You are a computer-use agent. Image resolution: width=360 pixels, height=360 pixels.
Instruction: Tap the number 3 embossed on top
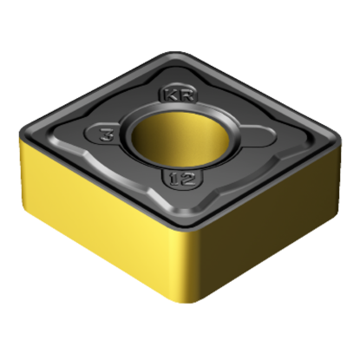105,135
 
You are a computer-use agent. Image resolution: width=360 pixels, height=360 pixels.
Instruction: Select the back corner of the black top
189,54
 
